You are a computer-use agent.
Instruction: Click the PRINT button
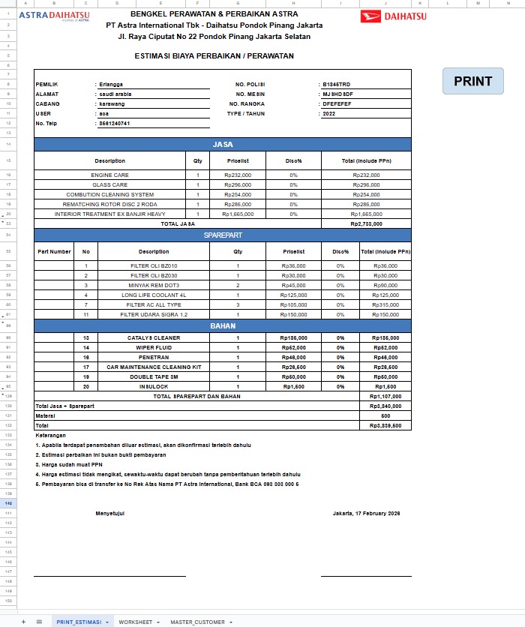(473, 81)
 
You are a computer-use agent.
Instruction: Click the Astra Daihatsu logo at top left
(53, 15)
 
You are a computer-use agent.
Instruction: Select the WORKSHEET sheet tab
(135, 622)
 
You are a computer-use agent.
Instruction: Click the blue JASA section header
(223, 144)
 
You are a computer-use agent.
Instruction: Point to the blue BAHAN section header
(223, 326)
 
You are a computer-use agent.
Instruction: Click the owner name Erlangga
(111, 85)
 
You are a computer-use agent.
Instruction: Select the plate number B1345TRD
(336, 85)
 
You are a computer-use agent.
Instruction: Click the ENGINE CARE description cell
(110, 175)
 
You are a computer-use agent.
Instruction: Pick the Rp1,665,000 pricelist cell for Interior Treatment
(238, 214)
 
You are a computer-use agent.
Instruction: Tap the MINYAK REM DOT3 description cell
(154, 285)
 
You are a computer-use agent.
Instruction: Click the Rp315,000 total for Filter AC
(385, 304)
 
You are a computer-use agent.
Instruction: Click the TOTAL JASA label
(178, 223)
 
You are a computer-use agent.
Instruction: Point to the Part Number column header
(55, 252)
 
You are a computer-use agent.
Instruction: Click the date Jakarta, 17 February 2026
(366, 513)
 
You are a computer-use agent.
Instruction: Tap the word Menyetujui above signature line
(109, 513)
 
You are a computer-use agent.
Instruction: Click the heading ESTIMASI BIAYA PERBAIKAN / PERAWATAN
(214, 55)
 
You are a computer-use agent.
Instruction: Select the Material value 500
(385, 415)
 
